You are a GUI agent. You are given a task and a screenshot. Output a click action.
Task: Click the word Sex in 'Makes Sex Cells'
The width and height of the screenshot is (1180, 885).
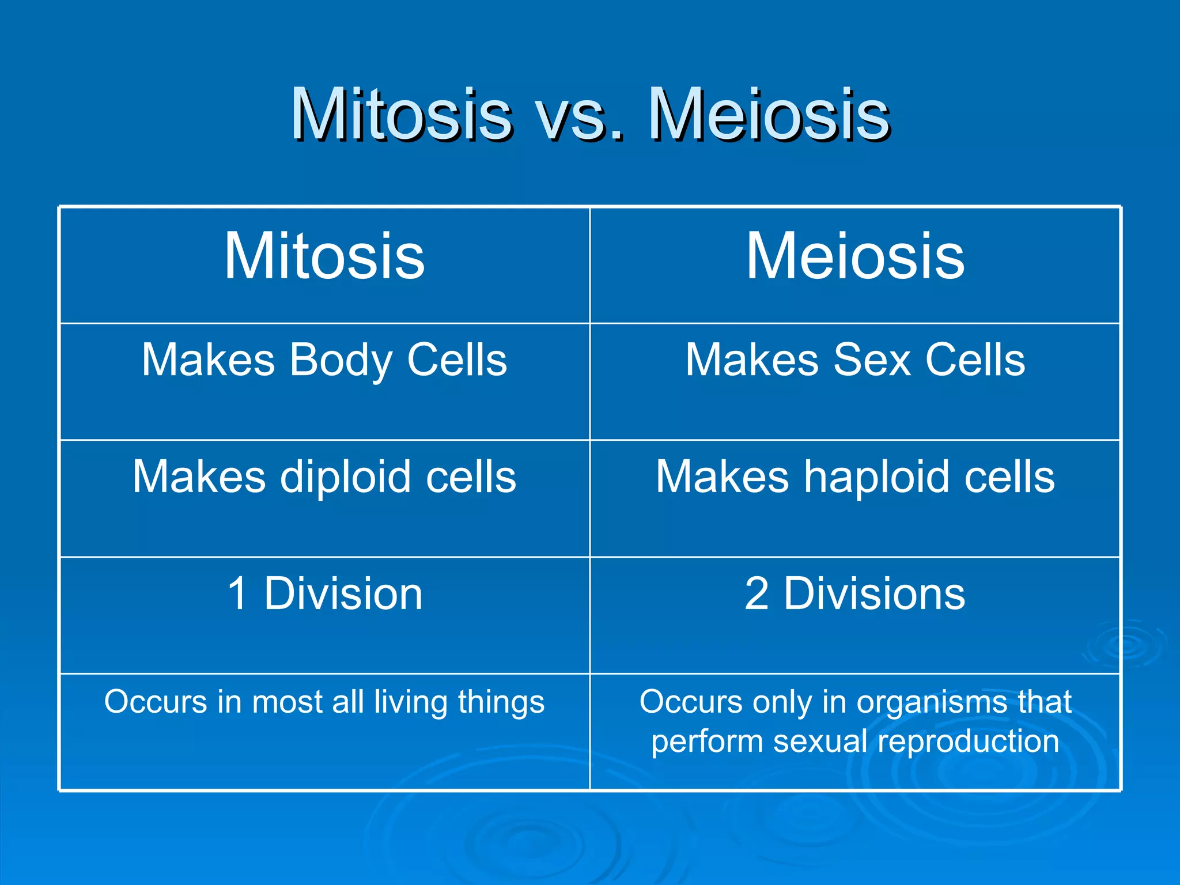[x=872, y=360]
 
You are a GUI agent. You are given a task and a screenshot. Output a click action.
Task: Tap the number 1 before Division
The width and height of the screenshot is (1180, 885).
[x=238, y=593]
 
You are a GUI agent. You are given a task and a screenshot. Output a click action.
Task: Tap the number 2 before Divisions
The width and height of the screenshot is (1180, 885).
[x=757, y=593]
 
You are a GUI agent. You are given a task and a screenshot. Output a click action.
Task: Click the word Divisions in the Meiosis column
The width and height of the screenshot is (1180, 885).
[x=874, y=593]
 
